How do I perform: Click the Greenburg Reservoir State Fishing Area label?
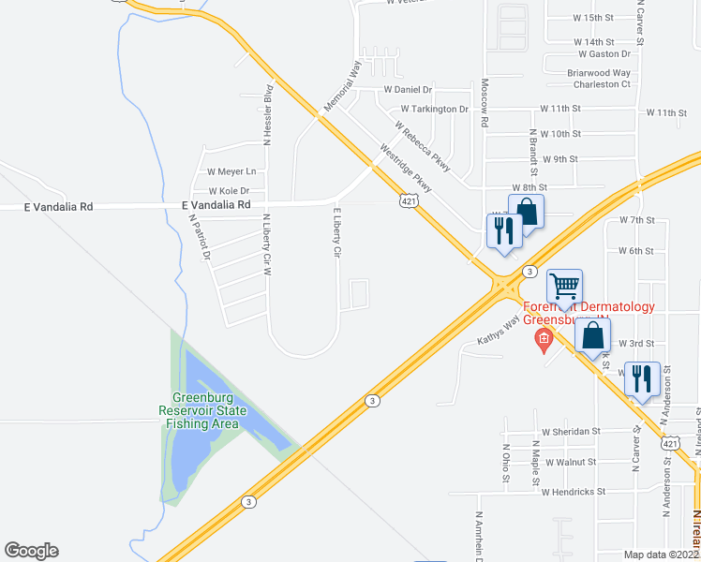202,411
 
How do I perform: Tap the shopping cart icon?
565,287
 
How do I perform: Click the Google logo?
31,551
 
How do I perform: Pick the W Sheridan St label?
570,431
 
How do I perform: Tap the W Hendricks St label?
574,492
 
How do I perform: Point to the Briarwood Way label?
599,72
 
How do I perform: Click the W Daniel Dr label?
408,90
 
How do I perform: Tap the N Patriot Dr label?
197,238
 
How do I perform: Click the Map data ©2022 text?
662,555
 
